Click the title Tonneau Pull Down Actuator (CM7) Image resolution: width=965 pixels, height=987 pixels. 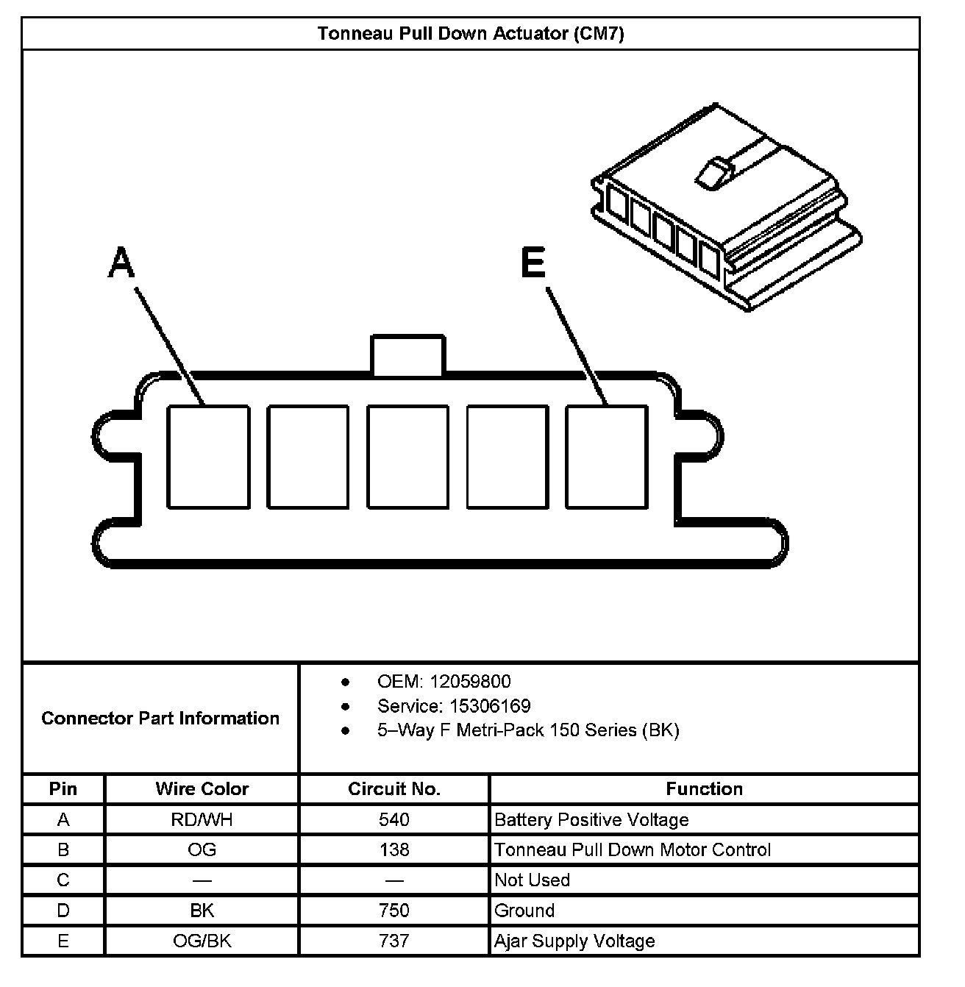(x=471, y=34)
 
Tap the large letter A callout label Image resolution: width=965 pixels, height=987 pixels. (x=121, y=263)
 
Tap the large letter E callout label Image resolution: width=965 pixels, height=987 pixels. (x=533, y=263)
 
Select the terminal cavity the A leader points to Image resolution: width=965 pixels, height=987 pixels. (x=208, y=456)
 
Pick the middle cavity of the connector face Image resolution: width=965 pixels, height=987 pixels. (x=407, y=456)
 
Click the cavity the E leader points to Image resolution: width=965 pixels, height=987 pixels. (x=607, y=456)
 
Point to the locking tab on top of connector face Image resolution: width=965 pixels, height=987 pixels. (x=407, y=355)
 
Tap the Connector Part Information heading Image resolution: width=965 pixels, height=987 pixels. (x=160, y=718)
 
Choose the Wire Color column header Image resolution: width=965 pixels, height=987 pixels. (x=202, y=789)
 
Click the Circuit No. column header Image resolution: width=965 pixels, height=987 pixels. (x=394, y=789)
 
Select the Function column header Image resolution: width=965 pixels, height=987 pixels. (x=704, y=789)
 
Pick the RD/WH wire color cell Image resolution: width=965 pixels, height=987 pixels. (x=202, y=820)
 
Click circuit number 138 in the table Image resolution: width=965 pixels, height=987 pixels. (x=394, y=850)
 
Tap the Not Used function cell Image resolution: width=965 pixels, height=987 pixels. (x=532, y=880)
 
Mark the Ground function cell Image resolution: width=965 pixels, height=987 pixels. (x=524, y=911)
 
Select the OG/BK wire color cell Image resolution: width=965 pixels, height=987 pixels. (x=202, y=941)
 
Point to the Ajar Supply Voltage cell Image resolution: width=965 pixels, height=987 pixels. (x=574, y=941)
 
